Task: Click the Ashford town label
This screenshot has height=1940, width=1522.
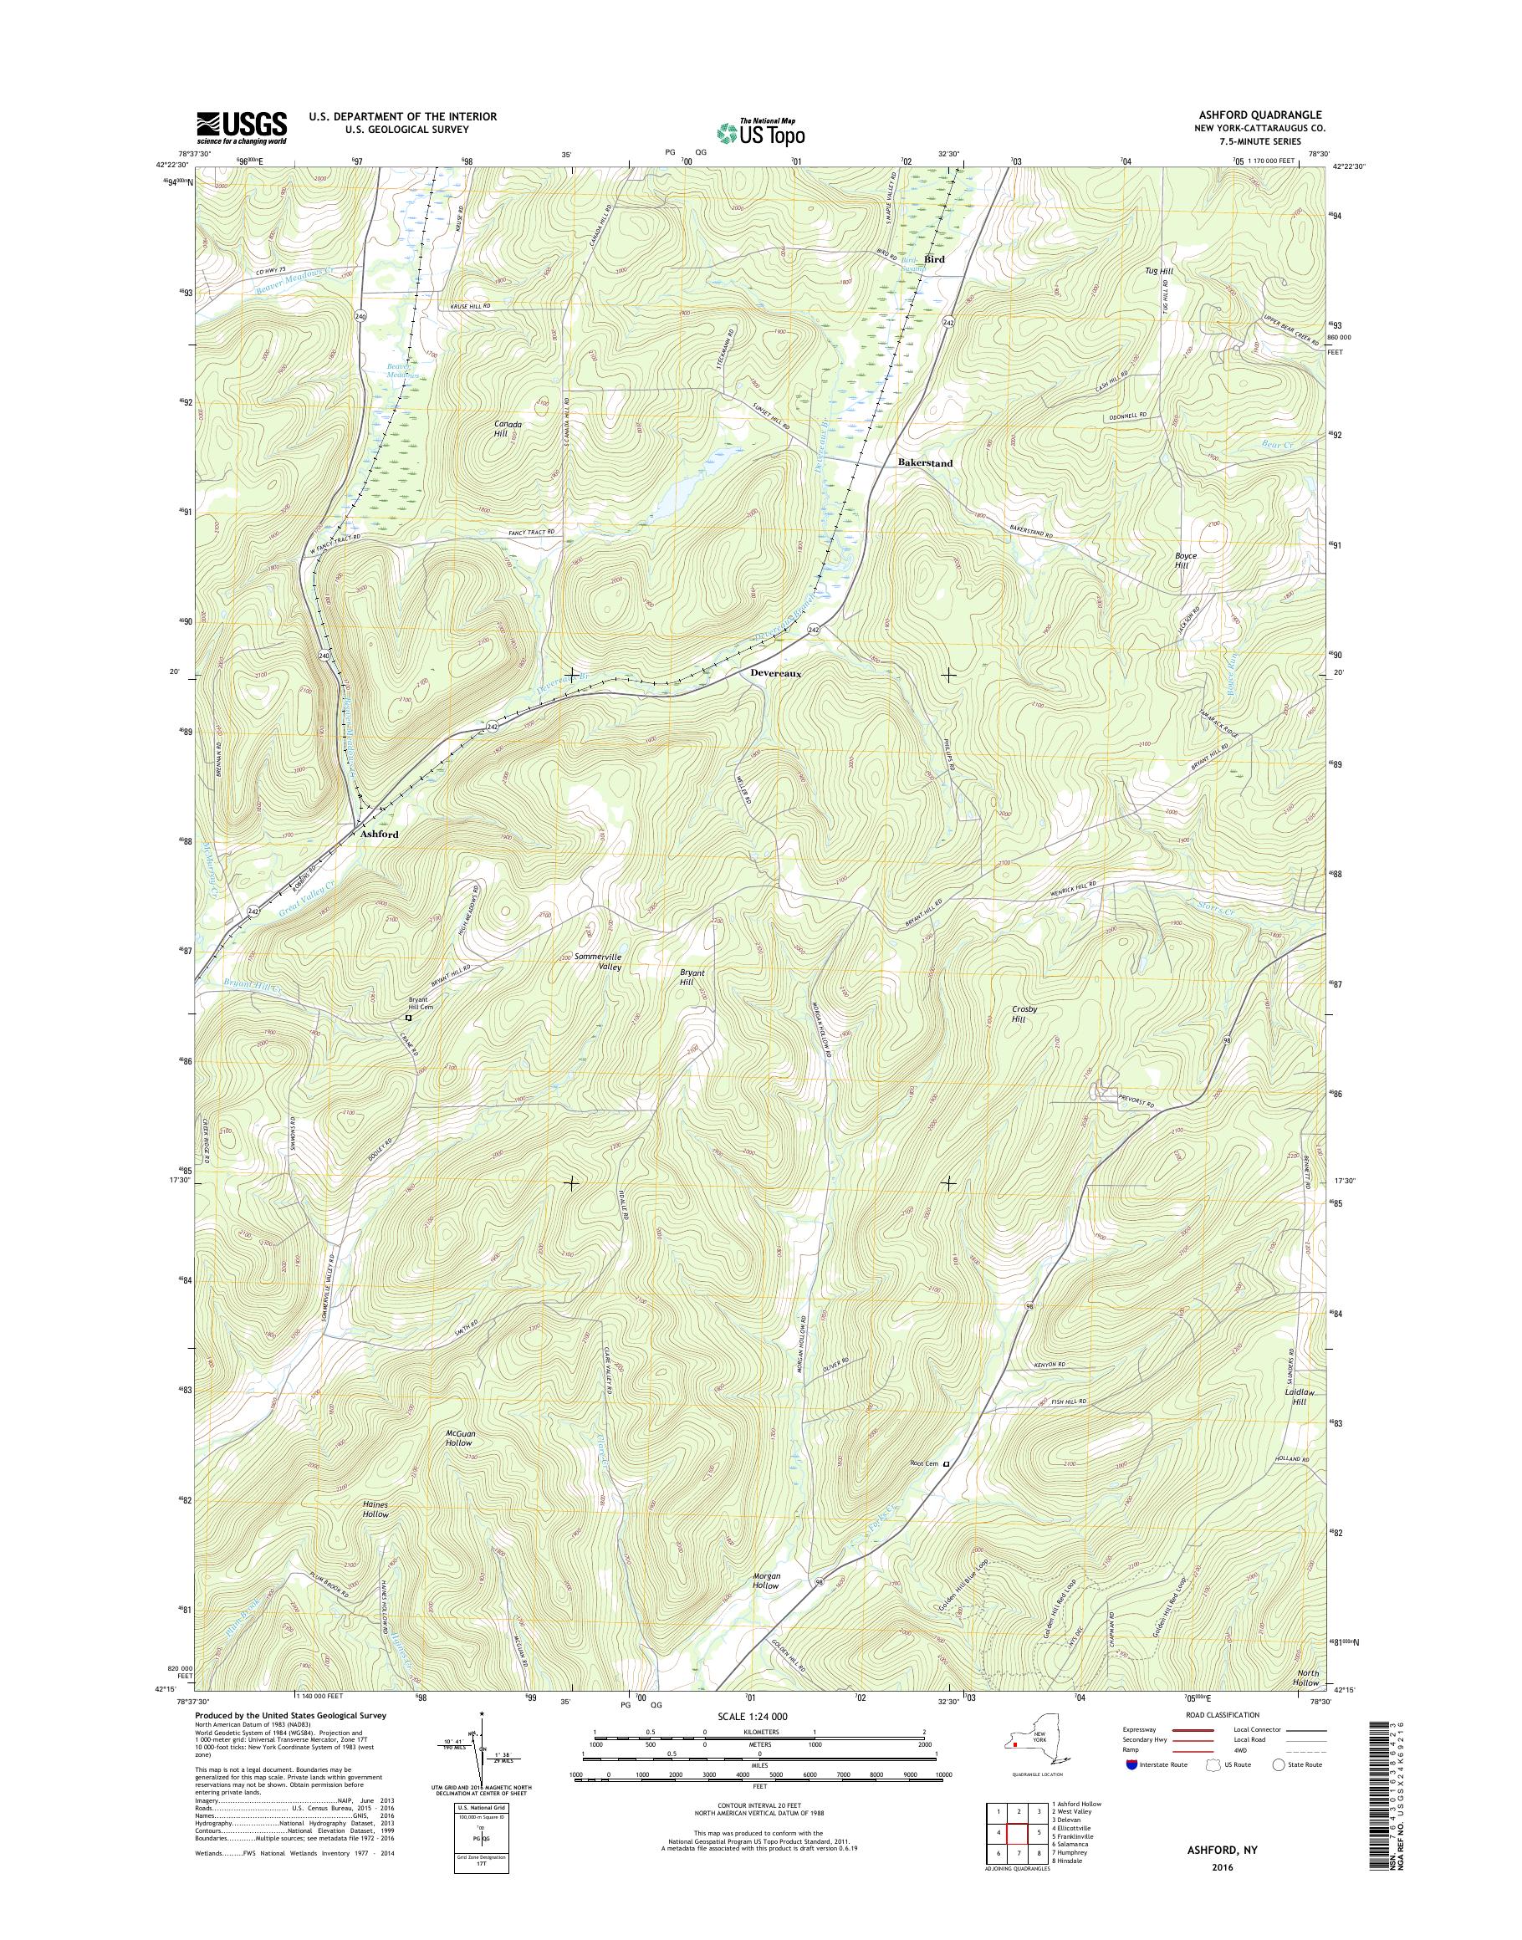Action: coord(379,835)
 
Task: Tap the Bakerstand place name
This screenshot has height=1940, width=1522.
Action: coord(925,463)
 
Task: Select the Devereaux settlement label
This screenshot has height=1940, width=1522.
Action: coord(772,675)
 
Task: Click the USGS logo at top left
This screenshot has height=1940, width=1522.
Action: coord(242,127)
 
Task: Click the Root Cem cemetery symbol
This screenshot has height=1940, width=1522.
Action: coord(947,1463)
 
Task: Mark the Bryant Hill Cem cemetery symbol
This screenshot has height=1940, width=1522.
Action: coord(408,1018)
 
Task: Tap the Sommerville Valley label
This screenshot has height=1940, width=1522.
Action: coord(597,962)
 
